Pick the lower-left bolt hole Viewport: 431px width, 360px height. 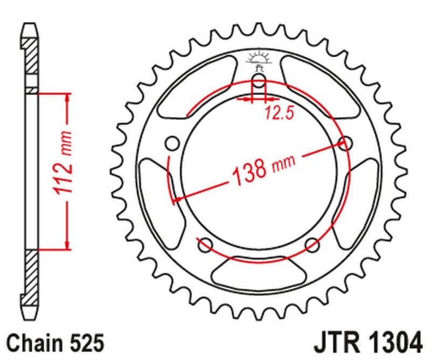pos(205,245)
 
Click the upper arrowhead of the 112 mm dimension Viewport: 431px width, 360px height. pos(67,98)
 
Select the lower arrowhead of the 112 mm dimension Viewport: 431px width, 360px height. pos(67,245)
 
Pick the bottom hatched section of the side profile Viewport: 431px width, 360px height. pos(31,275)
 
